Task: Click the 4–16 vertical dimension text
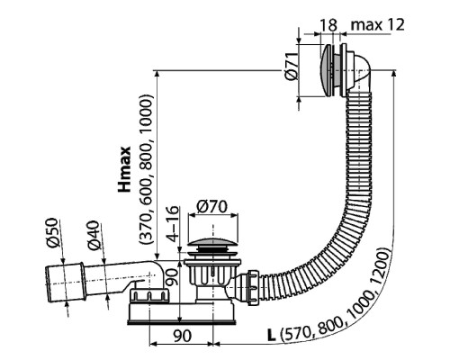coord(175,229)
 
